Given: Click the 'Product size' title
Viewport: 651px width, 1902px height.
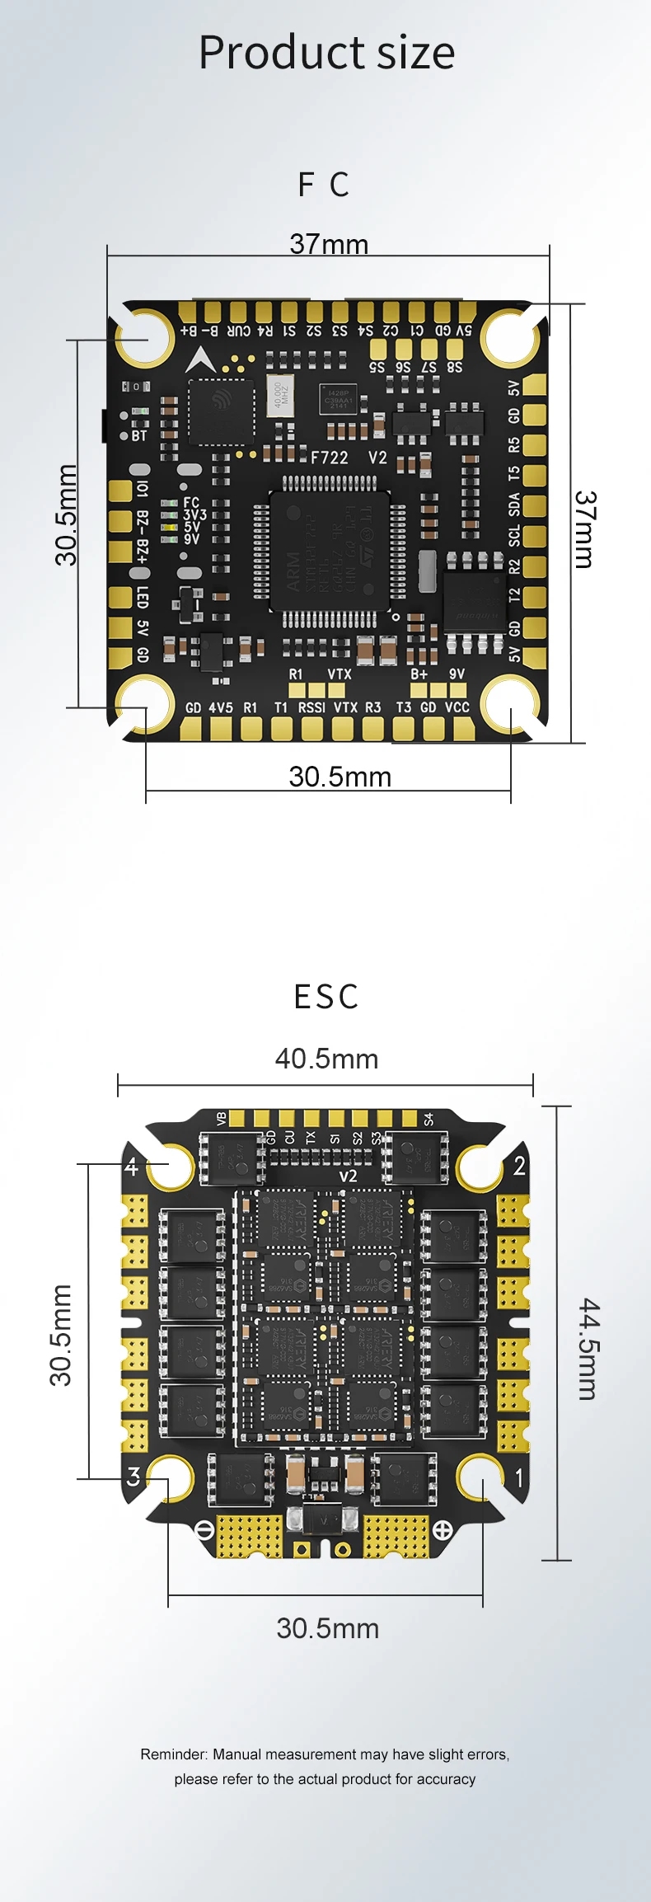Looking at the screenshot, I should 326,53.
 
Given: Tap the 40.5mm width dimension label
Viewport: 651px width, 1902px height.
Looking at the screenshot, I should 326,1059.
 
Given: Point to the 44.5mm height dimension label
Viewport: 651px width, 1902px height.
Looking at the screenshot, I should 588,1348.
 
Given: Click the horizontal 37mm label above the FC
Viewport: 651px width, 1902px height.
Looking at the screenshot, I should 329,244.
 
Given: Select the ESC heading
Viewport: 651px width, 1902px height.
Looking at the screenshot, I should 326,997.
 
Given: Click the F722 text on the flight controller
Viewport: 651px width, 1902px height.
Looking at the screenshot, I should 329,458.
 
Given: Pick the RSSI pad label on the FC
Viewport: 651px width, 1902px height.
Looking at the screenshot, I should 311,707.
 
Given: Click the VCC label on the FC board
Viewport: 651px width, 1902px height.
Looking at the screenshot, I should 457,707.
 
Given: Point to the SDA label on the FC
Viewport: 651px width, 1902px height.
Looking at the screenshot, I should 514,505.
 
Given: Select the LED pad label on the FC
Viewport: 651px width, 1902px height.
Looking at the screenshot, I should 143,599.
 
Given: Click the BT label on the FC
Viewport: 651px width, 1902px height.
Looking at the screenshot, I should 139,436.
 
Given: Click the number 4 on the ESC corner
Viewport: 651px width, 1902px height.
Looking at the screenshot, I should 132,1167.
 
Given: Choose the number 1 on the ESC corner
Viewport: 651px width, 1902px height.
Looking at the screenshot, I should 519,1477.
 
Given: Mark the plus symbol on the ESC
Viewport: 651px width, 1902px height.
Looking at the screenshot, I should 443,1530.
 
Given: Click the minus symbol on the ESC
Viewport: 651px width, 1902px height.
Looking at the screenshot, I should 205,1530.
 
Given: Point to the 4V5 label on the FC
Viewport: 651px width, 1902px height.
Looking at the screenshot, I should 221,707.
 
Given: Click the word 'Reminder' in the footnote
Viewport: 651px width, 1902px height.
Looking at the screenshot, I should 173,1754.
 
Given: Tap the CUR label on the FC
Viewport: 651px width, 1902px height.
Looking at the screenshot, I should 239,331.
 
